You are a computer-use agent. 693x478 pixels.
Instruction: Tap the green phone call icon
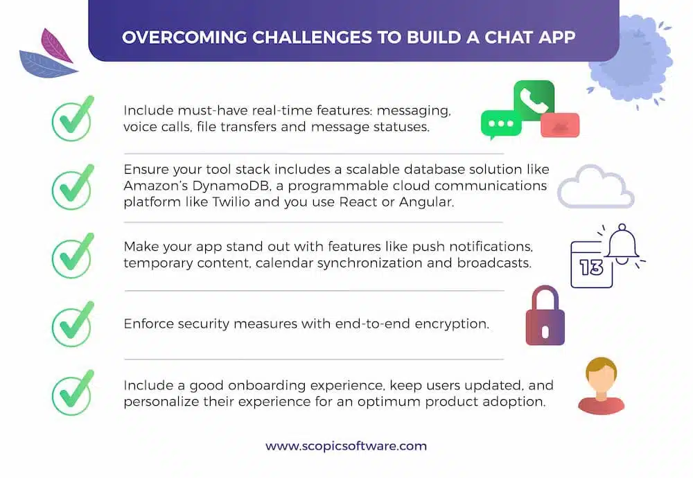coord(534,100)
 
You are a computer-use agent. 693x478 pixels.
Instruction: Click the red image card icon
coord(560,125)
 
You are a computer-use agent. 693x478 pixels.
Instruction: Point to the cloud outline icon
coord(596,187)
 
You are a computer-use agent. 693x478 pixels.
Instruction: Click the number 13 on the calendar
coord(591,267)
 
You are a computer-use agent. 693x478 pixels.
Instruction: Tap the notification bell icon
coord(622,244)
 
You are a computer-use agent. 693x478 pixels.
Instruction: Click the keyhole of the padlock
coord(545,332)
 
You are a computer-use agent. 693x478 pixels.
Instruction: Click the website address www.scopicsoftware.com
coord(346,445)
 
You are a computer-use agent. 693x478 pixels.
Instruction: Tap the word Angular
coord(426,202)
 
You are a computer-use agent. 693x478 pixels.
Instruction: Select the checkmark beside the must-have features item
coord(73,118)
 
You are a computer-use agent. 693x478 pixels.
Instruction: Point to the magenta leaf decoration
coord(56,46)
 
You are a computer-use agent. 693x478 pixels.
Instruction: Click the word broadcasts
coord(494,263)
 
